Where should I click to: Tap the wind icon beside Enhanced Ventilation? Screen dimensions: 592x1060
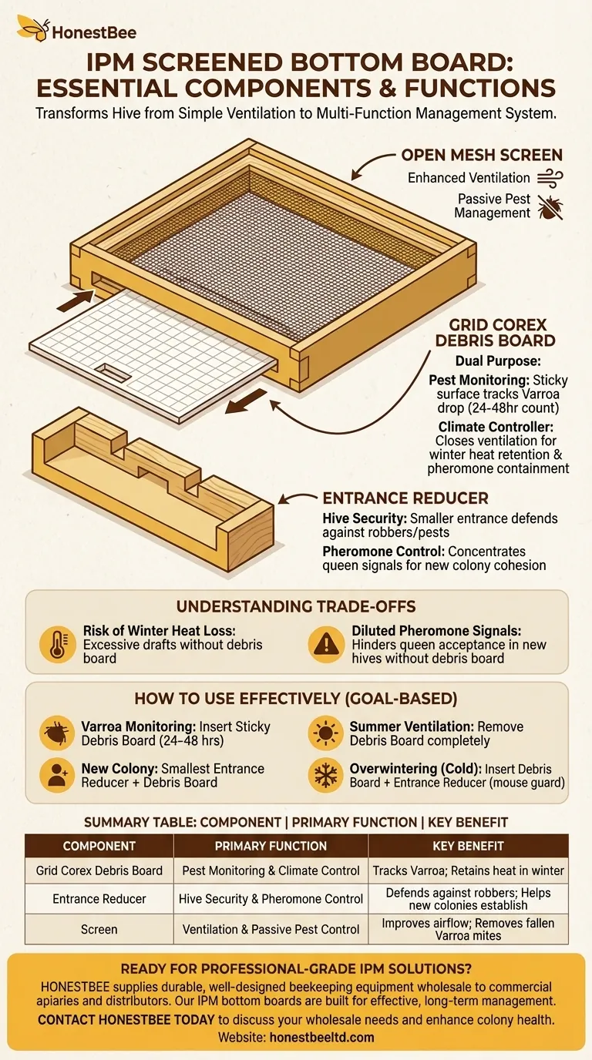550,179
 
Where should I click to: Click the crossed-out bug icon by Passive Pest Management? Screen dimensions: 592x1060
550,207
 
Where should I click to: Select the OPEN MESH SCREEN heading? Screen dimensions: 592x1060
482,155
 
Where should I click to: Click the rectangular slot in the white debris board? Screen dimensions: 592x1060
113,371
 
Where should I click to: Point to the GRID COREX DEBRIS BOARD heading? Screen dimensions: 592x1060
496,333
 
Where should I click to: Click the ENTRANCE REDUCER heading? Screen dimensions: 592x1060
405,498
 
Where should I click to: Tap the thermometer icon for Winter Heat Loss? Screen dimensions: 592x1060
58,644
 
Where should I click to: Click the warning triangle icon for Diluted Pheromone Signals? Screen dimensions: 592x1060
326,644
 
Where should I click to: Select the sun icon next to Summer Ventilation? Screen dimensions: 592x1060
325,733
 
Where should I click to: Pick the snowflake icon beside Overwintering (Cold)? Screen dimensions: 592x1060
325,776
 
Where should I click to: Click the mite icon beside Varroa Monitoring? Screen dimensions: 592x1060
57,733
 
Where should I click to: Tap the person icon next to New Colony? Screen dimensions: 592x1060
57,776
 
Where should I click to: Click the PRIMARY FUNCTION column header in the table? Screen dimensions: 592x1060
271,846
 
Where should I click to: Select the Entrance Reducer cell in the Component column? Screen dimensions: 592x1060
99,899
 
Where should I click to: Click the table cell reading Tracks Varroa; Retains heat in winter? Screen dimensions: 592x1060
469,870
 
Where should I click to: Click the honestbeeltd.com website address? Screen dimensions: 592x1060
322,1038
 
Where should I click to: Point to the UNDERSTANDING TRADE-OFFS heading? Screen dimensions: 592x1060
296,607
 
